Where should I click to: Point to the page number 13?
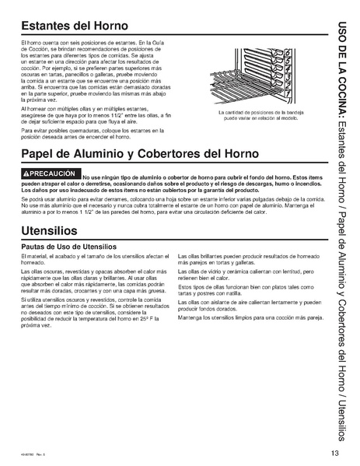[x=334, y=454]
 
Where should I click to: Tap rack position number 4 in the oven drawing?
[x=288, y=75]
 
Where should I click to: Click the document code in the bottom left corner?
[x=32, y=455]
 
